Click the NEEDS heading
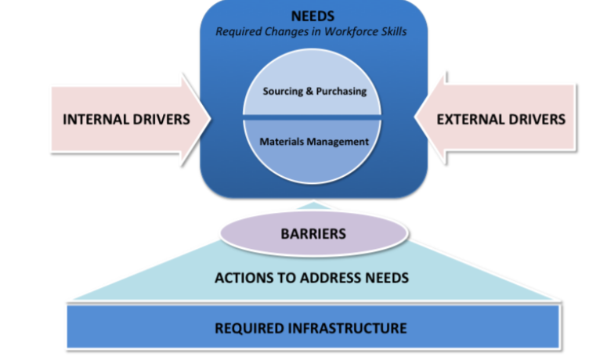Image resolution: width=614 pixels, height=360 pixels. click(313, 16)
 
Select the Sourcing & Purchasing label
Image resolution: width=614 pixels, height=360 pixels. click(314, 91)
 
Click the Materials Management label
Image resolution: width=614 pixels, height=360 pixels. click(313, 142)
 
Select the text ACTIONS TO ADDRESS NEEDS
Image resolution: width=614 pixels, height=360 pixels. click(312, 278)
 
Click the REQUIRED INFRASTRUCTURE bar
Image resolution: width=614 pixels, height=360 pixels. click(312, 327)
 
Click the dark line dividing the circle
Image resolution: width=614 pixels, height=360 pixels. click(313, 117)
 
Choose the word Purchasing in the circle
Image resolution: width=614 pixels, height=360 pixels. click(341, 91)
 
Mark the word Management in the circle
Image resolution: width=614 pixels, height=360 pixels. click(339, 142)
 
